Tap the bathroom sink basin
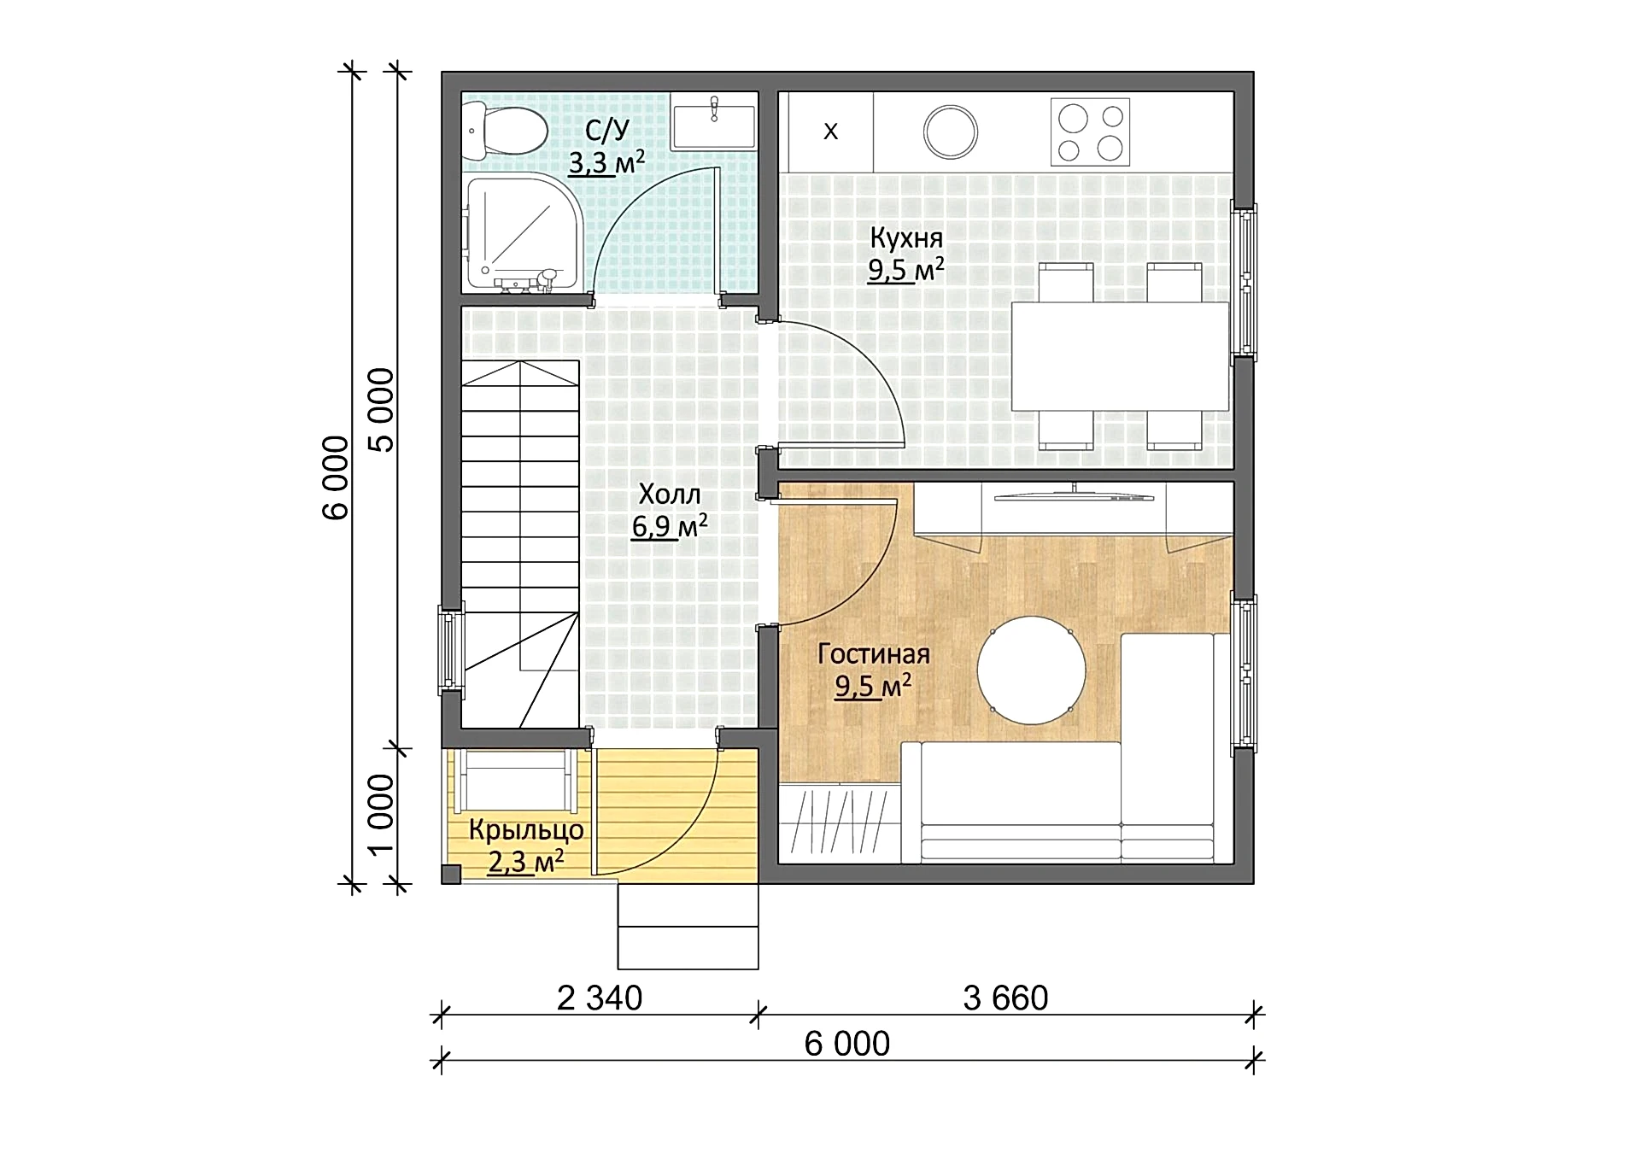click(x=713, y=123)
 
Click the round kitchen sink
click(x=951, y=132)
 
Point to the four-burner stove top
click(x=1090, y=132)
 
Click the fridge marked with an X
click(x=830, y=132)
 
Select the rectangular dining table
click(x=1120, y=355)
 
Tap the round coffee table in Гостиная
click(x=1032, y=670)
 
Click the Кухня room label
click(x=906, y=237)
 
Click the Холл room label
click(x=670, y=494)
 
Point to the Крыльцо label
click(x=526, y=830)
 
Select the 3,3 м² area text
click(x=606, y=161)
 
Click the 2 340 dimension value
click(x=600, y=998)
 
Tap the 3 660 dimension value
click(x=1005, y=998)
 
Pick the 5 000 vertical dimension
click(x=382, y=410)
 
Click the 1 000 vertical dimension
click(x=381, y=814)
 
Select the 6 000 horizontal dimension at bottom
click(x=847, y=1044)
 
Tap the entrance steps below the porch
click(x=688, y=926)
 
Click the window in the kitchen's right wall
click(x=1244, y=281)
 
